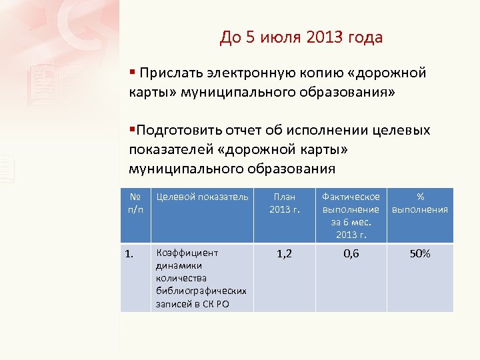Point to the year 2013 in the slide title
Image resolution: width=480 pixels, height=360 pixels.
(x=327, y=37)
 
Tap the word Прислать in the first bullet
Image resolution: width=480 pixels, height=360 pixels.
(x=170, y=73)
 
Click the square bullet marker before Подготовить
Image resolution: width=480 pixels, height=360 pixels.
(x=132, y=129)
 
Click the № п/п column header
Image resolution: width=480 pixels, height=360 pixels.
(x=135, y=203)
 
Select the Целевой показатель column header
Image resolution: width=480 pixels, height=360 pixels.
(x=201, y=197)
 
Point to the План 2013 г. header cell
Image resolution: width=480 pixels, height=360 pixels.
(x=284, y=203)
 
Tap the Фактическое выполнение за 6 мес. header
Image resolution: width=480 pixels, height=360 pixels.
(x=351, y=215)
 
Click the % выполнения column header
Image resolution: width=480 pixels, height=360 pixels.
(x=420, y=203)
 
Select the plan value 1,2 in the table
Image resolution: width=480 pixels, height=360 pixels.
(x=284, y=254)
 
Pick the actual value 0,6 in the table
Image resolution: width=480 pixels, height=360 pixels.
(x=351, y=254)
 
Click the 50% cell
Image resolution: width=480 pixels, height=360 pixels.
(x=420, y=254)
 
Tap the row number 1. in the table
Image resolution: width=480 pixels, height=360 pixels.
(x=131, y=253)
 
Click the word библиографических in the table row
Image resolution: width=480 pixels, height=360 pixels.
(x=201, y=291)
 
